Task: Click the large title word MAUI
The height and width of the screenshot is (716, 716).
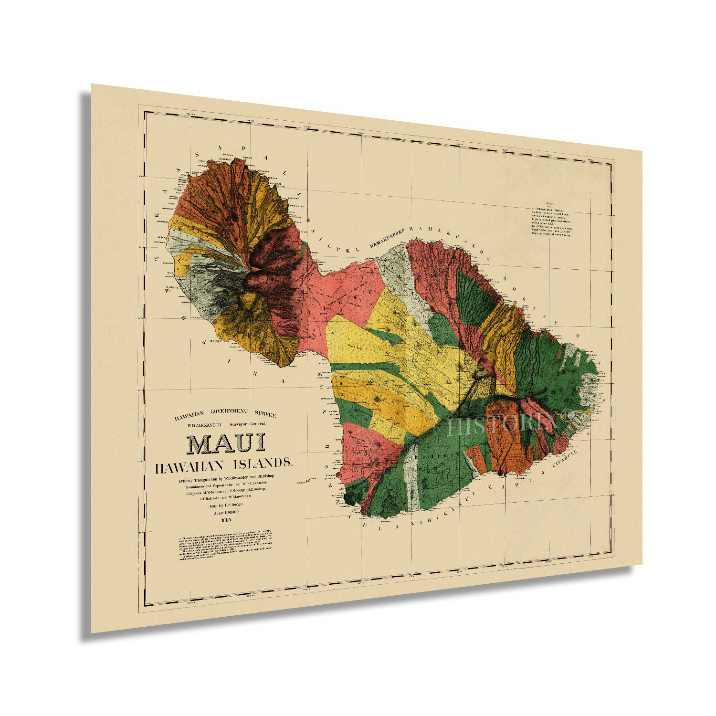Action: (225, 443)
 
